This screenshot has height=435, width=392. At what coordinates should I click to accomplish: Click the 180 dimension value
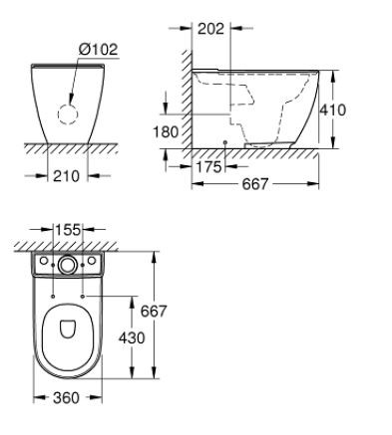pos(167,131)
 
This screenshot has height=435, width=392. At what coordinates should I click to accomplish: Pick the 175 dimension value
pos(209,167)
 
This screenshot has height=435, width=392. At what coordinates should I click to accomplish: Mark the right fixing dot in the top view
pos(86,296)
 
